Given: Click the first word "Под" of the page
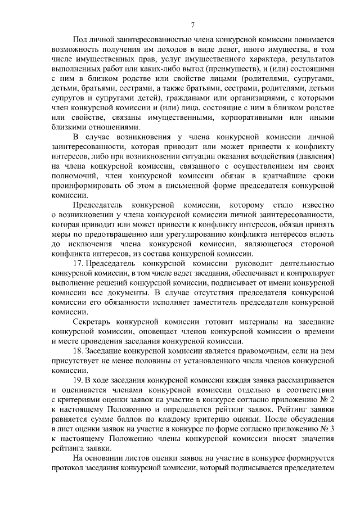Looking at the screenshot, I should click(x=80, y=40).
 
